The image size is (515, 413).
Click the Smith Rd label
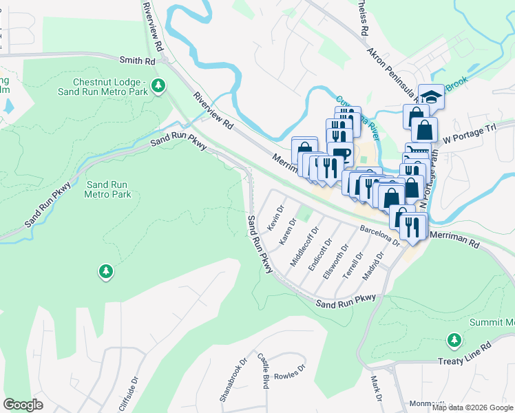pos(137,61)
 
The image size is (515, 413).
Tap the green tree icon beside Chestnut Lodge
pos(159,85)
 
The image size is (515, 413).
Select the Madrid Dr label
pos(372,266)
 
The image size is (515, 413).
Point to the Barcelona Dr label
pos(379,233)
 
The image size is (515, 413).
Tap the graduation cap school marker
pos(431,97)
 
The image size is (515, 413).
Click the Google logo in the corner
pos(23,405)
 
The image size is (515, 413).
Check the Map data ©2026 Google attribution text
pos(472,407)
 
